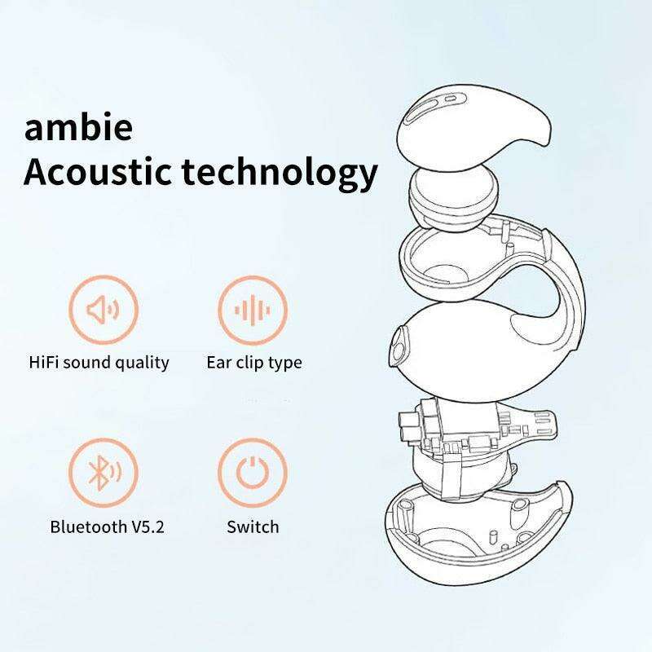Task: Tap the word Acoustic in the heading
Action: tap(97, 172)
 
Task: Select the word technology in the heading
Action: tap(280, 174)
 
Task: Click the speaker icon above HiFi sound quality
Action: tap(104, 310)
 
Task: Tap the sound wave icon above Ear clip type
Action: tap(253, 310)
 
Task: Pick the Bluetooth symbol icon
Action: tap(104, 473)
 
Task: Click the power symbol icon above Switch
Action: tap(253, 473)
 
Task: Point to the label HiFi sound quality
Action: tap(99, 363)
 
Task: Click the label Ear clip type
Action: tap(254, 363)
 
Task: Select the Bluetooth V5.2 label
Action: tap(108, 526)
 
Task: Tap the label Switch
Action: tap(253, 526)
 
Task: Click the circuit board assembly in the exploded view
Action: tap(474, 437)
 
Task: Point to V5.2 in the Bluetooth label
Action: tap(148, 526)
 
